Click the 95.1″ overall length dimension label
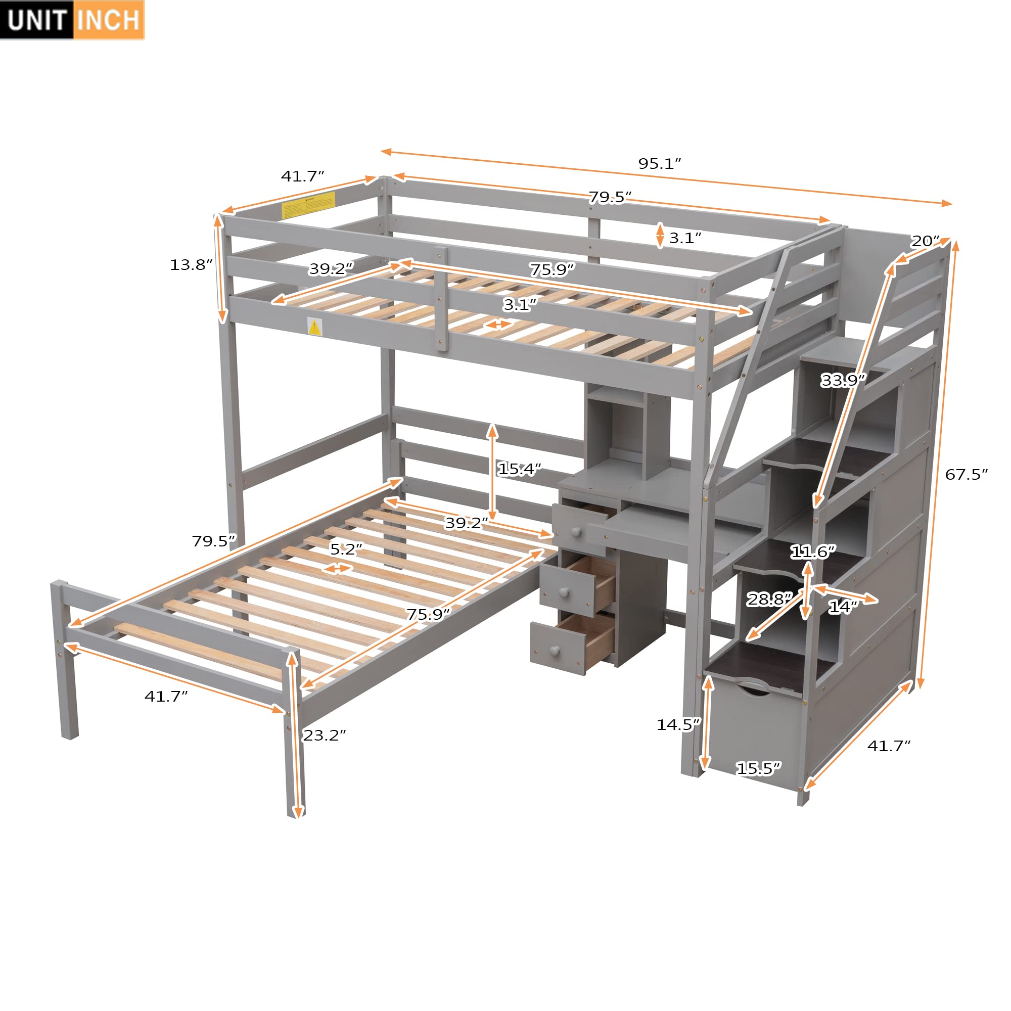pyautogui.click(x=659, y=164)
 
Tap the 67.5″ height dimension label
pyautogui.click(x=966, y=475)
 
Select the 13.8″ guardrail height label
pyautogui.click(x=191, y=265)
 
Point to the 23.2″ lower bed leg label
pyautogui.click(x=325, y=735)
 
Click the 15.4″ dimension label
pyautogui.click(x=519, y=469)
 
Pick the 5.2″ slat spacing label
pyautogui.click(x=346, y=549)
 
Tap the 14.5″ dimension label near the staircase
pyautogui.click(x=678, y=725)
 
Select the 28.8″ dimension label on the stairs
pyautogui.click(x=769, y=599)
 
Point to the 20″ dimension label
pyautogui.click(x=925, y=241)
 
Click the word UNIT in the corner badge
pyautogui.click(x=36, y=20)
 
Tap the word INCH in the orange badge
pyautogui.click(x=108, y=20)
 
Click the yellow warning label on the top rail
pyautogui.click(x=308, y=205)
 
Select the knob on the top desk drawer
pyautogui.click(x=576, y=532)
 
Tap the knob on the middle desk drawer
pyautogui.click(x=564, y=592)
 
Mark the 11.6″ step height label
pyautogui.click(x=813, y=552)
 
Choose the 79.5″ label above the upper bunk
pyautogui.click(x=610, y=197)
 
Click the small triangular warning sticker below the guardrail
pyautogui.click(x=314, y=327)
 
